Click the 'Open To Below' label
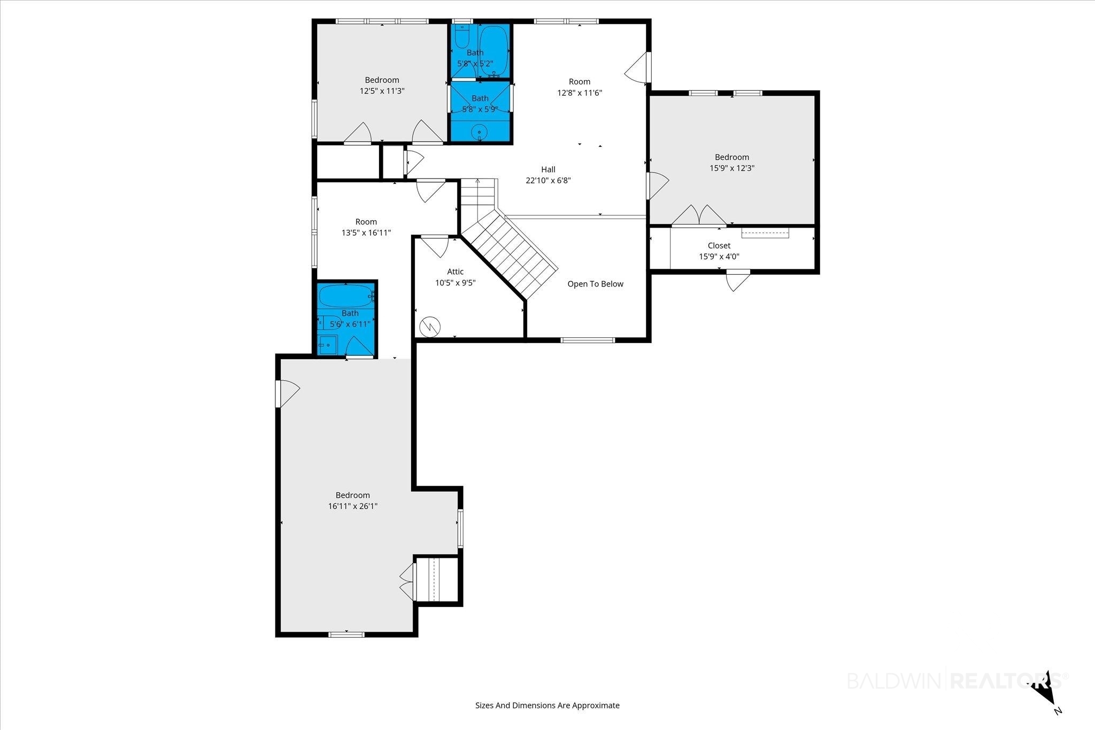(595, 284)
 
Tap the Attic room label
(456, 271)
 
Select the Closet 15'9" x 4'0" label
(719, 251)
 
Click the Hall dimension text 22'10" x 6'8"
(548, 180)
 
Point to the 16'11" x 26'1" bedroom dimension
(353, 506)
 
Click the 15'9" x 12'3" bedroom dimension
(732, 168)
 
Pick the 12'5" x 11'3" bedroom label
(382, 86)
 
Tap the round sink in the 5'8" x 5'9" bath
(480, 131)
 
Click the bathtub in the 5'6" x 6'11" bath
(345, 294)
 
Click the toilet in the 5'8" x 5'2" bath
(462, 37)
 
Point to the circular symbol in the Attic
(430, 327)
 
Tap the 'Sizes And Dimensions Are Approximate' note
(547, 705)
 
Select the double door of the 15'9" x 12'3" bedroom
(699, 215)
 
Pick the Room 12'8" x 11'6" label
(580, 87)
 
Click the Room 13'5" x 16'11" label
(366, 227)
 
